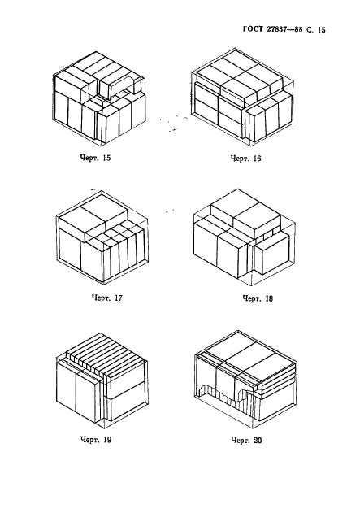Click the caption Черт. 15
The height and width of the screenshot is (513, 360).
pos(95,158)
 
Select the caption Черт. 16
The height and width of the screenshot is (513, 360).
pos(246,159)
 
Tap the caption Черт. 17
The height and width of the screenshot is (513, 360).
pos(106,298)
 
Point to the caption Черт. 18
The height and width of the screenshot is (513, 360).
pos(258,298)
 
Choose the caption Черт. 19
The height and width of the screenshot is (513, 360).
pos(96,440)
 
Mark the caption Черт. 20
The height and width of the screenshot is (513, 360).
pos(246,441)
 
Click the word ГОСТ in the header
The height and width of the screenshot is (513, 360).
pos(253,29)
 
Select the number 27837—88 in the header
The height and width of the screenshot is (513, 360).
pos(284,29)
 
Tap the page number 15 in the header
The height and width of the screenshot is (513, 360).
pos(321,30)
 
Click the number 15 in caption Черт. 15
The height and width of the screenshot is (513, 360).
pos(106,158)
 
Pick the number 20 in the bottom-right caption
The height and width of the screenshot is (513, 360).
pos(258,441)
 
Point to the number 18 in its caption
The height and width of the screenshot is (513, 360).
pos(268,298)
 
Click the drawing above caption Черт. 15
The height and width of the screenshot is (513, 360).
pos(99,98)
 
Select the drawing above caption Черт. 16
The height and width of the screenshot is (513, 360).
pos(242,98)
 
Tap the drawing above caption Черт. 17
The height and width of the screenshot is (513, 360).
pos(102,237)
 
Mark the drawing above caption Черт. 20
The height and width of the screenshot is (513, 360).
pos(245,379)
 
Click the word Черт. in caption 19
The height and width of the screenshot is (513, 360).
pos(90,440)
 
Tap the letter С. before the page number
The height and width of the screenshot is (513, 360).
pos(310,30)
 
